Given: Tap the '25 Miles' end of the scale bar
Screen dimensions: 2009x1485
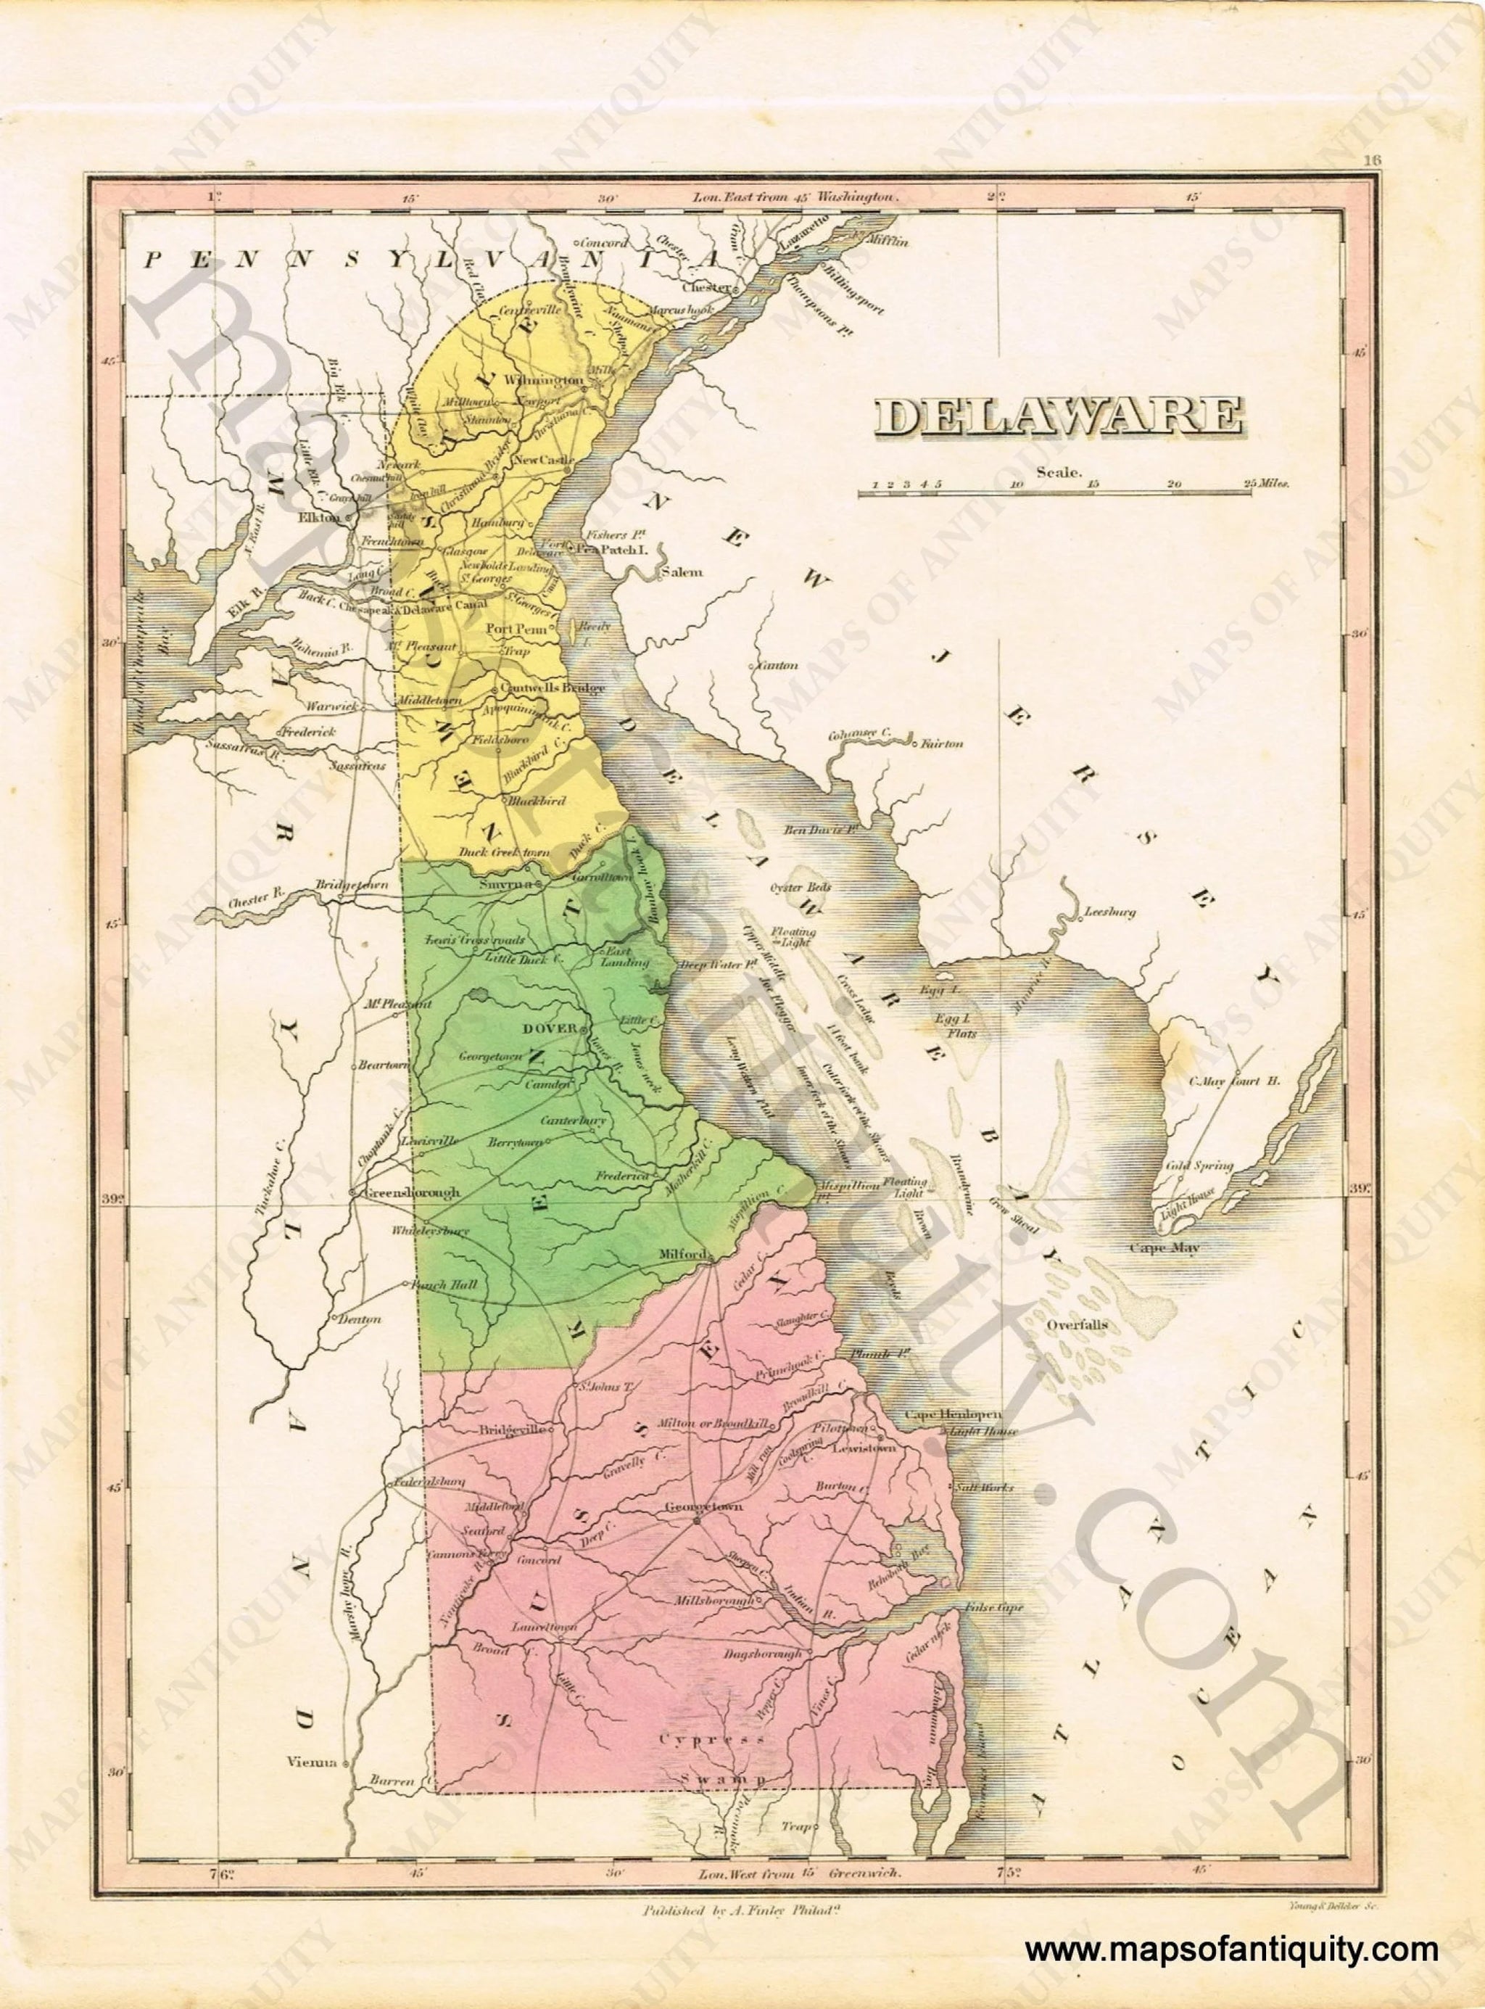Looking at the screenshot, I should [x=1268, y=484].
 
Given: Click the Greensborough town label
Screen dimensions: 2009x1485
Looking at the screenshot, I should [x=408, y=1193].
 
